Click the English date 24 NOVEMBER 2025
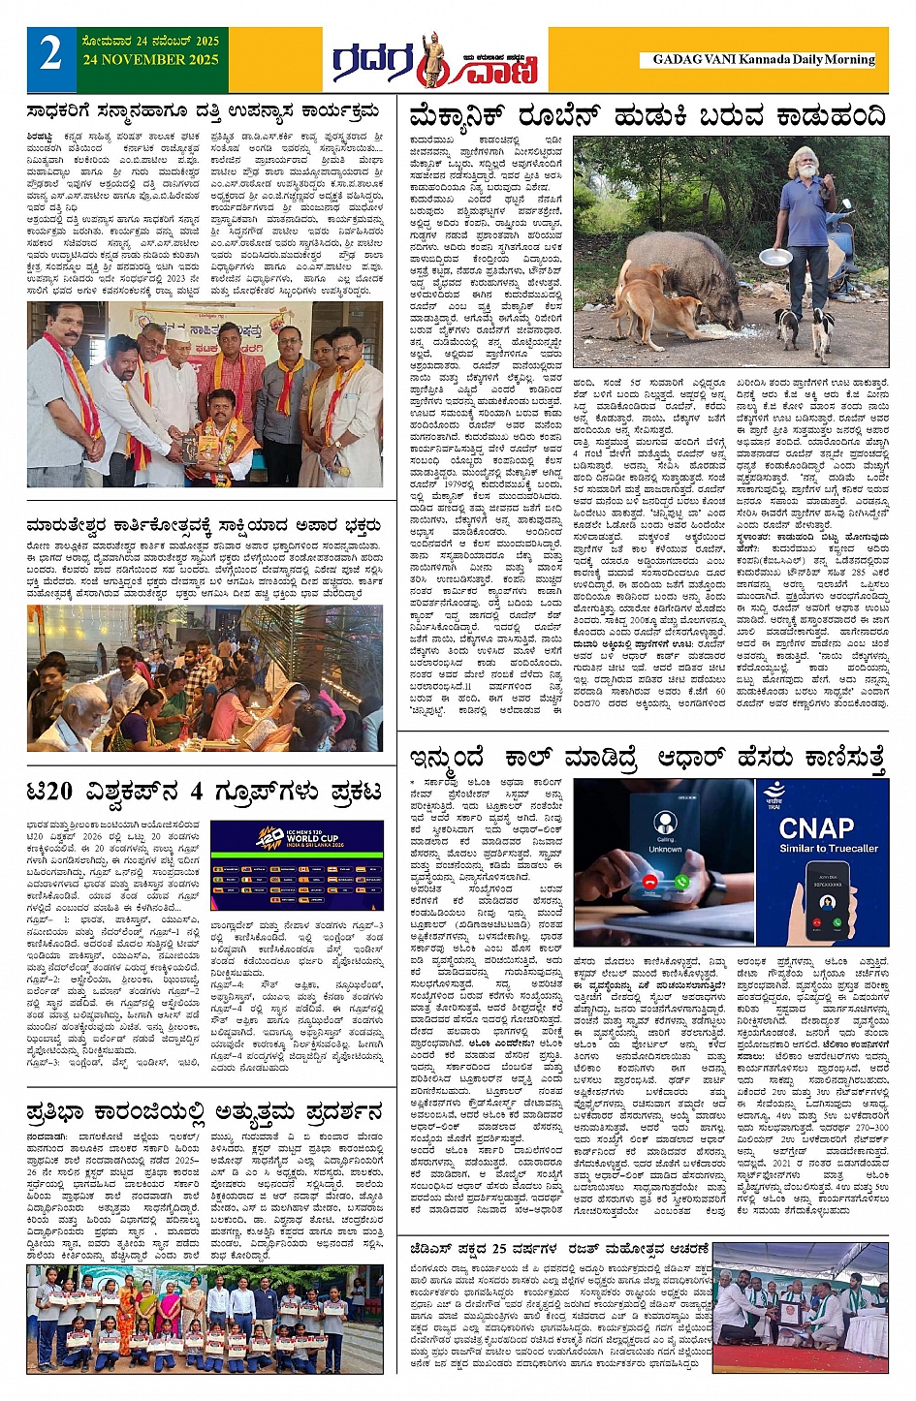151,59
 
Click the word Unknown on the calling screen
665,849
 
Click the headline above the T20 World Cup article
204,792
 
